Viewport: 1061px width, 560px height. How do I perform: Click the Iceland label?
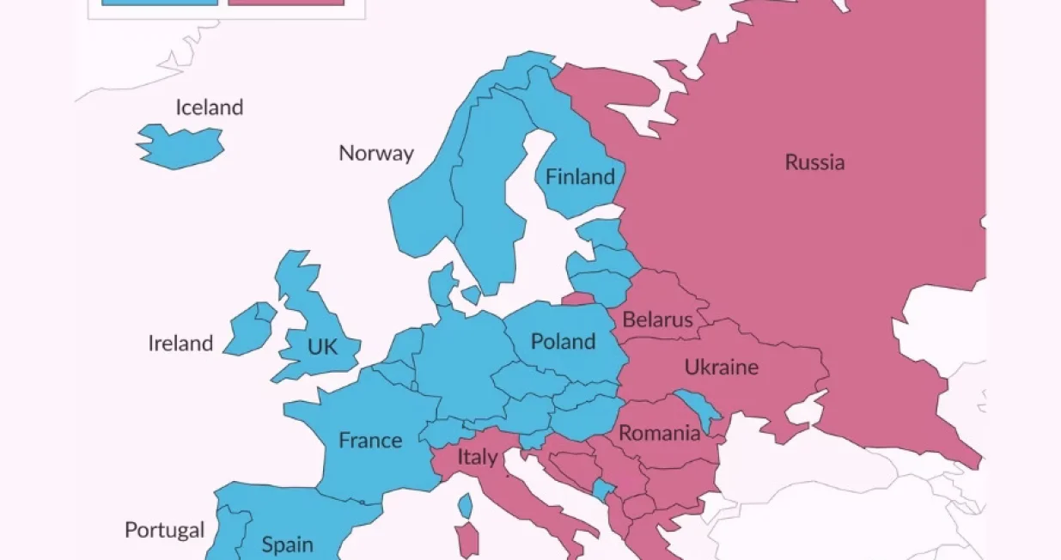pyautogui.click(x=210, y=107)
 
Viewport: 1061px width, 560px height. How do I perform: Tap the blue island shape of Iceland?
pyautogui.click(x=180, y=146)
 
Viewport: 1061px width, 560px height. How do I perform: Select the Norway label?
pyautogui.click(x=375, y=153)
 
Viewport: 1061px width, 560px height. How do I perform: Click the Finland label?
pyautogui.click(x=581, y=177)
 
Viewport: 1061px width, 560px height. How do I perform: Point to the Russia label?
pyautogui.click(x=814, y=161)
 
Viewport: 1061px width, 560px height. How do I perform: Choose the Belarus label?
pyautogui.click(x=657, y=320)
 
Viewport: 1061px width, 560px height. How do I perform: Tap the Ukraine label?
pyautogui.click(x=721, y=368)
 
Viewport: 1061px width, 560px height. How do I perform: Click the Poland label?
pyautogui.click(x=563, y=341)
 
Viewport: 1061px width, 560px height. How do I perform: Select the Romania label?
pyautogui.click(x=659, y=433)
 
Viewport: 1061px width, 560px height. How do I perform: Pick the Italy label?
pyautogui.click(x=477, y=457)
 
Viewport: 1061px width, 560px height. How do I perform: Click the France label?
pyautogui.click(x=370, y=440)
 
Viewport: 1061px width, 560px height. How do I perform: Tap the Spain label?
pyautogui.click(x=287, y=544)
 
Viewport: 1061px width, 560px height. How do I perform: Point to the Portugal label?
pyautogui.click(x=165, y=530)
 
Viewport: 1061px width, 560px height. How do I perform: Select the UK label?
pyautogui.click(x=322, y=347)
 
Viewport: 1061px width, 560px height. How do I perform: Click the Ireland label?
pyautogui.click(x=180, y=344)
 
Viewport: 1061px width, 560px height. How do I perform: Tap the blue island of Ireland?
pyautogui.click(x=250, y=328)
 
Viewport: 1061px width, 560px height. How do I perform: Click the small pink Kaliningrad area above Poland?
pyautogui.click(x=578, y=300)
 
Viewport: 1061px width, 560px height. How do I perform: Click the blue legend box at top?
pyautogui.click(x=160, y=3)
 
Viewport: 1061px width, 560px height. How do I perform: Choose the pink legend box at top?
pyautogui.click(x=286, y=3)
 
